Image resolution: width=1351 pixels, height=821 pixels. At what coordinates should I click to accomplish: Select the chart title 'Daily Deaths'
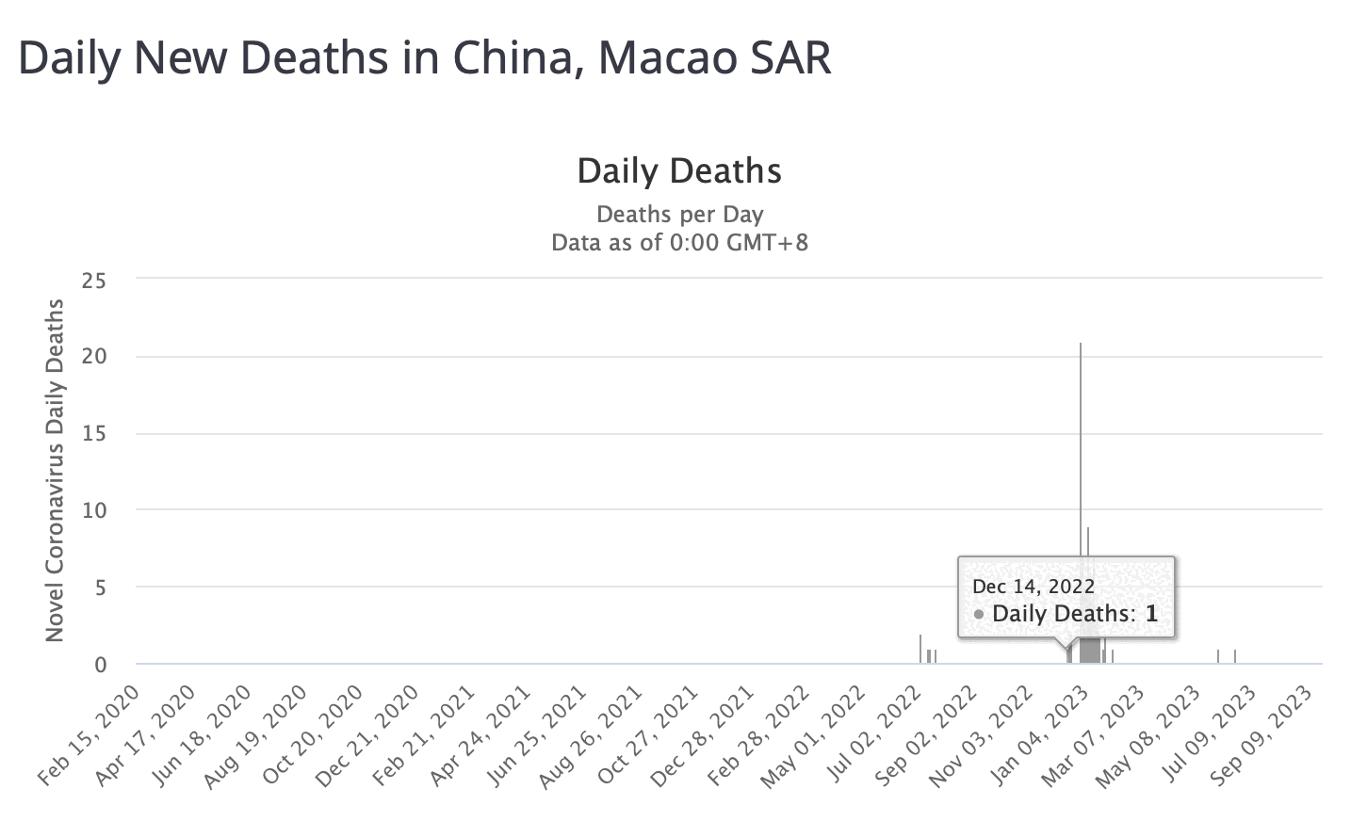(x=679, y=171)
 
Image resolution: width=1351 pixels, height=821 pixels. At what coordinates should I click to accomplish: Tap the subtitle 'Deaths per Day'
(x=679, y=214)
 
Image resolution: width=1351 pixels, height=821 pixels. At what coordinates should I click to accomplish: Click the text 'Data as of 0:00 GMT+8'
(x=679, y=242)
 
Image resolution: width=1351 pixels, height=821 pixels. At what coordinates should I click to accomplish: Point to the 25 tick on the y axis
(x=94, y=280)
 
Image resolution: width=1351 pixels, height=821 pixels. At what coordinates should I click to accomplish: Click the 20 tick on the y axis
(x=94, y=356)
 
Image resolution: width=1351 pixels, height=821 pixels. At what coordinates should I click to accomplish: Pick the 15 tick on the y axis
(x=94, y=433)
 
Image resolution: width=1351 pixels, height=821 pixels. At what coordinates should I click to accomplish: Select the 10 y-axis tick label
(x=94, y=510)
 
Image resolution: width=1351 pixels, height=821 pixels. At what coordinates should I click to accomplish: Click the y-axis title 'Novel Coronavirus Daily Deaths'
(x=55, y=471)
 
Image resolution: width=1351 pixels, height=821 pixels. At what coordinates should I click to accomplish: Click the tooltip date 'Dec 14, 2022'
(x=1034, y=587)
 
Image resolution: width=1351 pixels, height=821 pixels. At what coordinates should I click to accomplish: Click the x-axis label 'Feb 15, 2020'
(x=90, y=735)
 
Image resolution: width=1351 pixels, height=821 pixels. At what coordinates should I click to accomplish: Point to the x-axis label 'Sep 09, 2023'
(x=1264, y=735)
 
